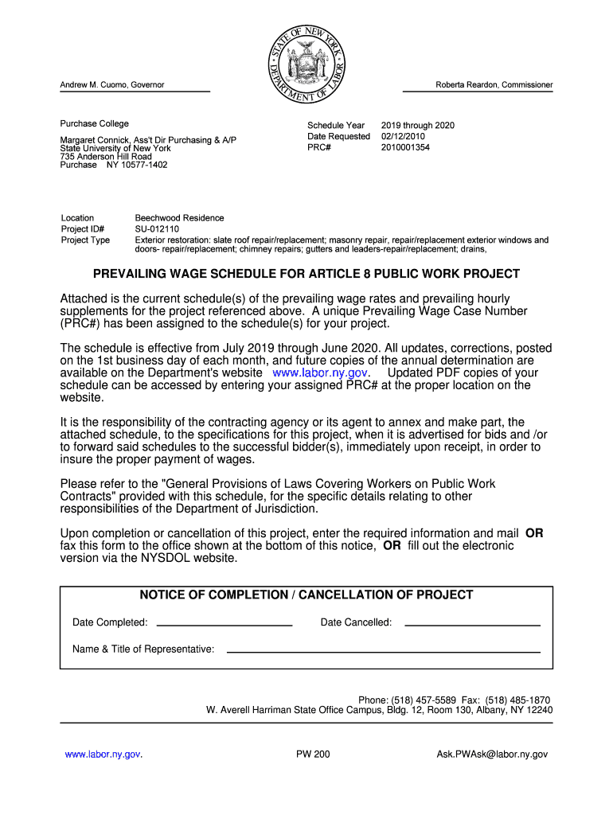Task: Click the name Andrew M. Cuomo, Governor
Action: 112,85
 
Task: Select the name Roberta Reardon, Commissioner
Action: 494,85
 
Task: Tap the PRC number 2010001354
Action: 405,147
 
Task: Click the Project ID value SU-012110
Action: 157,229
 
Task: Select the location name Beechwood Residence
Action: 179,218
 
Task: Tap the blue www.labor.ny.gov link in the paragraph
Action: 319,372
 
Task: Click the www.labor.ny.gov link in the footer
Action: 103,755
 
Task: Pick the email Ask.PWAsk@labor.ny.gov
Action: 492,755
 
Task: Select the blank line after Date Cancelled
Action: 472,624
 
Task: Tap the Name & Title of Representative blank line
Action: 383,651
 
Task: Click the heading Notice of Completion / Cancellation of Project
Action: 306,595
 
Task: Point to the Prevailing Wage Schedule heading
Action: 306,274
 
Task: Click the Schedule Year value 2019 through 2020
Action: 417,125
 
